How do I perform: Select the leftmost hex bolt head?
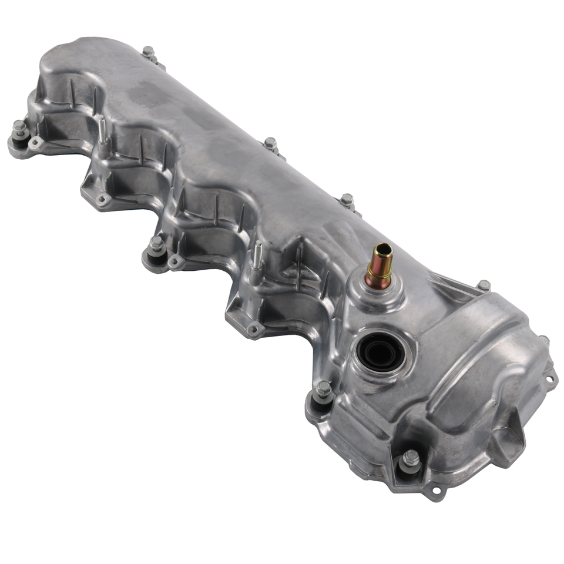pyautogui.click(x=19, y=126)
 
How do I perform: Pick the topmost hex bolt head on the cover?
pyautogui.click(x=147, y=52)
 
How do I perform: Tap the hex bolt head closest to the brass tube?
pyautogui.click(x=347, y=199)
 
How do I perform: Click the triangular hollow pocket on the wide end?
pyautogui.click(x=506, y=438)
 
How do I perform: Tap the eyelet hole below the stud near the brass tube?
pyautogui.click(x=254, y=330)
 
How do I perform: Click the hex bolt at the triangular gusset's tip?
pyautogui.click(x=484, y=285)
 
